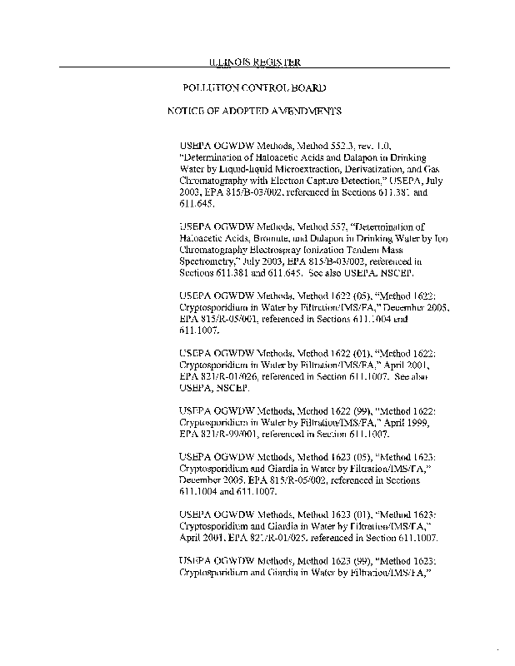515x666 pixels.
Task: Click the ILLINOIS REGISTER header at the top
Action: [253, 62]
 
